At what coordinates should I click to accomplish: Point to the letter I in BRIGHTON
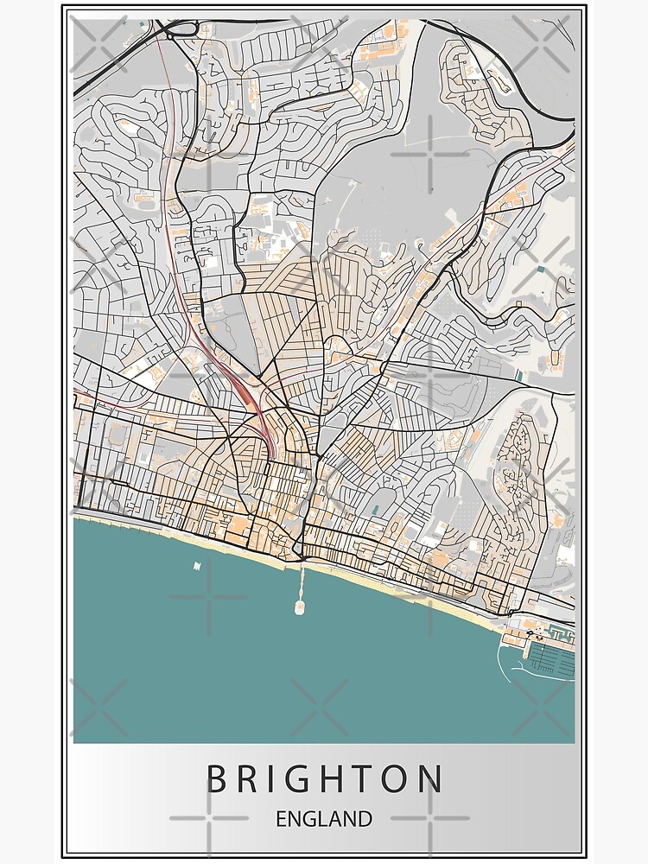pyautogui.click(x=283, y=779)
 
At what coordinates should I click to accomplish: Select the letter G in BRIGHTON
pyautogui.click(x=314, y=779)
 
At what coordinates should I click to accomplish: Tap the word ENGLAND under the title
pyautogui.click(x=324, y=818)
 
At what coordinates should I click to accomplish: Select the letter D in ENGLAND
pyautogui.click(x=365, y=818)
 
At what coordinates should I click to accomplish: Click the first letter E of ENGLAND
pyautogui.click(x=283, y=818)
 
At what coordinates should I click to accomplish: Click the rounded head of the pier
pyautogui.click(x=300, y=608)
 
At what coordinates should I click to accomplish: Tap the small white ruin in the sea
pyautogui.click(x=197, y=566)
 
